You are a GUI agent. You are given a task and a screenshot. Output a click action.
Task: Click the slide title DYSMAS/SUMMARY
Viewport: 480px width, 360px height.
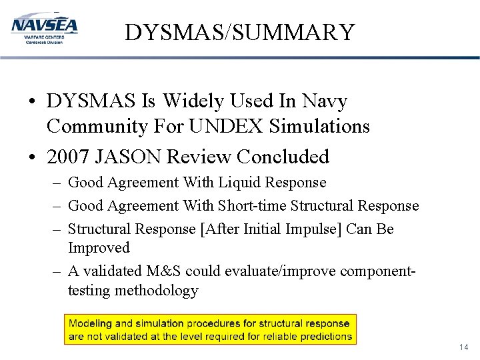[239, 32]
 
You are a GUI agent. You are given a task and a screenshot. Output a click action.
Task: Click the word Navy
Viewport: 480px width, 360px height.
[324, 101]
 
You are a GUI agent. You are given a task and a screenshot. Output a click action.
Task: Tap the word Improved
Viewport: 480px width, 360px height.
[99, 247]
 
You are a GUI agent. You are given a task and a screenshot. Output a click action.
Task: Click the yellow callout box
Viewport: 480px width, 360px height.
[210, 329]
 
